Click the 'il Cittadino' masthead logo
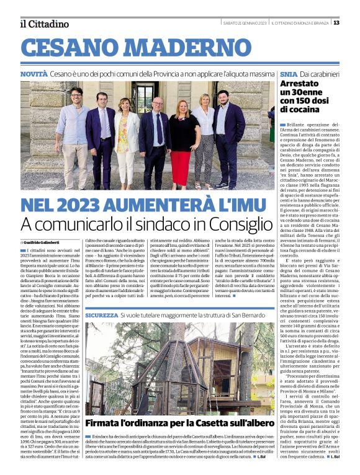click(x=44, y=24)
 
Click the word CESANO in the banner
click(x=73, y=48)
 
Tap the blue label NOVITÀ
click(x=34, y=74)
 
